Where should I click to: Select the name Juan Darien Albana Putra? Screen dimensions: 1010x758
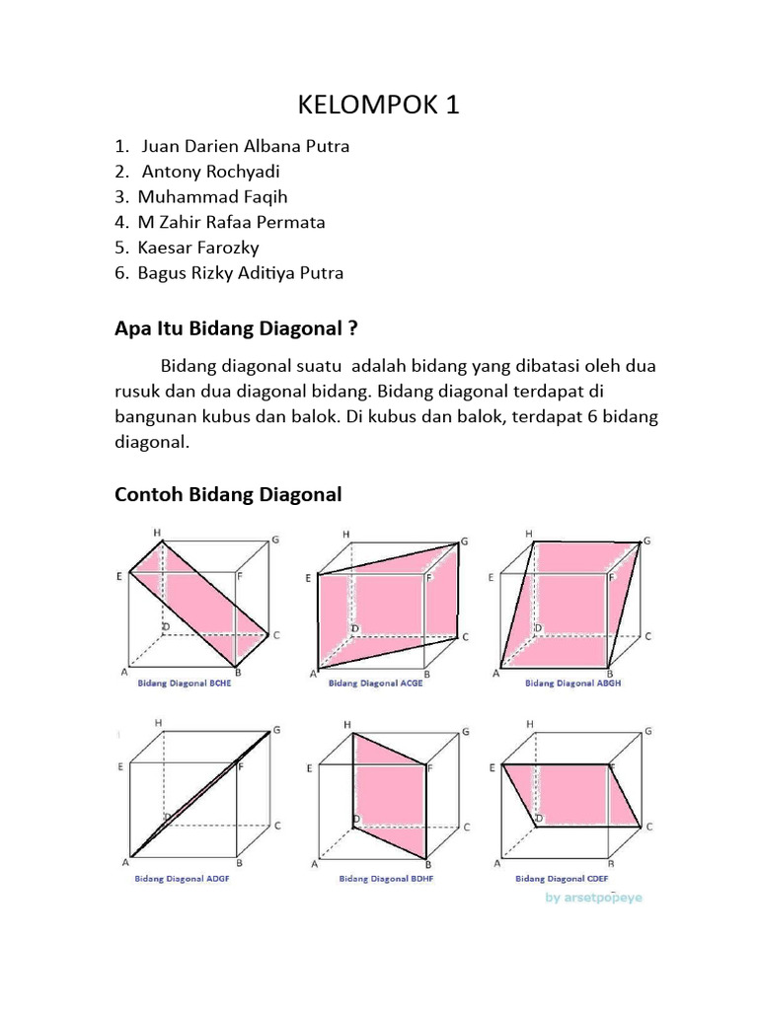click(x=246, y=146)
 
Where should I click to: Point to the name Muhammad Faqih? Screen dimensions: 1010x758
click(x=212, y=196)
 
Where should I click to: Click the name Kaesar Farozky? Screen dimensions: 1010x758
click(x=197, y=248)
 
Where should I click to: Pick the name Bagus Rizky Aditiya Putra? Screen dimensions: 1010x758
click(x=241, y=273)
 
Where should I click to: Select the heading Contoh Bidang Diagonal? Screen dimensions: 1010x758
click(x=229, y=494)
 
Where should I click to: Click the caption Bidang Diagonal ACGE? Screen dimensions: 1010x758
click(x=375, y=682)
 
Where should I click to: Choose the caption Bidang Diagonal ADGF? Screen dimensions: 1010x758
click(x=184, y=876)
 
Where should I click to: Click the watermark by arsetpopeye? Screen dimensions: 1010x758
click(x=592, y=898)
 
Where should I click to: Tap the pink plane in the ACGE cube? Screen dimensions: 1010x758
click(x=390, y=612)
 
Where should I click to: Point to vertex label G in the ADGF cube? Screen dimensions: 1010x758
click(x=277, y=730)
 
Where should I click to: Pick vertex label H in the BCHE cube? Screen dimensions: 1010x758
click(x=156, y=533)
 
